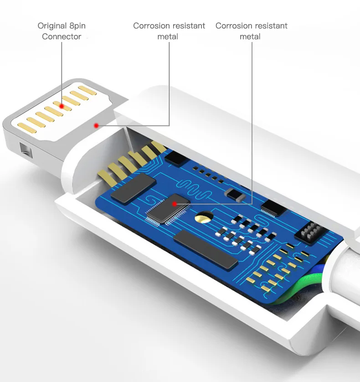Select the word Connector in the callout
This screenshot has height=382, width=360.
pyautogui.click(x=62, y=37)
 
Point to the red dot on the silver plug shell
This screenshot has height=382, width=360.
pyautogui.click(x=96, y=125)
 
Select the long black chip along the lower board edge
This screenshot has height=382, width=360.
pyautogui.click(x=206, y=249)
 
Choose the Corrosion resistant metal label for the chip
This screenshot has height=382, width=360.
pyautogui.click(x=251, y=31)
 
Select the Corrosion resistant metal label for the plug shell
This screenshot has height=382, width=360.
pyautogui.click(x=169, y=31)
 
